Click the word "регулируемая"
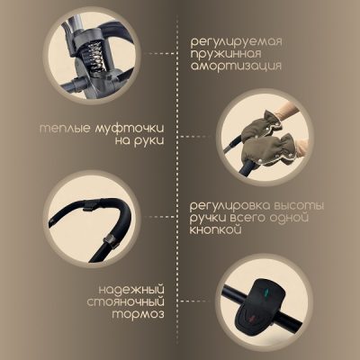click(236, 42)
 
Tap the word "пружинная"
click(226, 54)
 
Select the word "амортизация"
click(236, 67)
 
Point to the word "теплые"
click(65, 129)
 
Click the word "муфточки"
click(130, 129)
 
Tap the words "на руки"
click(139, 141)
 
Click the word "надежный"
click(131, 291)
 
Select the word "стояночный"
click(126, 302)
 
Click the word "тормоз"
click(139, 314)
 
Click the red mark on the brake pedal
click(250, 317)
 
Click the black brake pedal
click(258, 303)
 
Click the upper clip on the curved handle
click(90, 206)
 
